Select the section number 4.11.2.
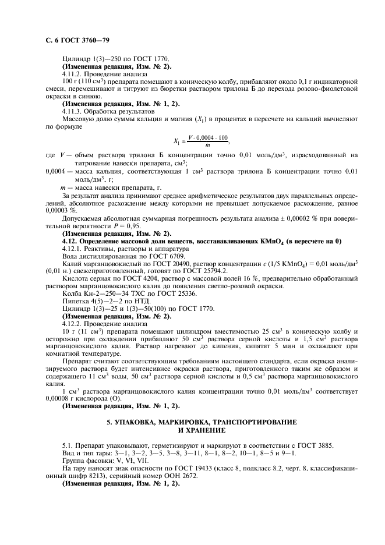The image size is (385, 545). pyautogui.click(x=72, y=74)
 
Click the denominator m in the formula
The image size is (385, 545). pyautogui.click(x=200, y=145)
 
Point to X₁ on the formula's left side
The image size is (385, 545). pyautogui.click(x=176, y=141)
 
